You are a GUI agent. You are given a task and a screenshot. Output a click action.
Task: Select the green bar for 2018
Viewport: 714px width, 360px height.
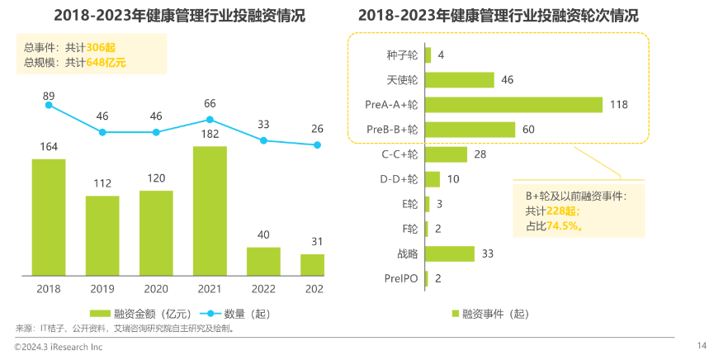(x=49, y=217)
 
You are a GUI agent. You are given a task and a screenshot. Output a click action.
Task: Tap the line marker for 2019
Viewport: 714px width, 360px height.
(x=102, y=132)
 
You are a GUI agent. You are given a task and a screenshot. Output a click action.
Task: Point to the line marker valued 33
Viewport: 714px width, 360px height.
(x=263, y=140)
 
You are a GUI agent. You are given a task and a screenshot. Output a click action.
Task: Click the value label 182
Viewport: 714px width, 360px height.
(x=210, y=134)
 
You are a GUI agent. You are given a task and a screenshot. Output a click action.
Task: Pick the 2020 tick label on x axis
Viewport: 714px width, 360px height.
(x=156, y=289)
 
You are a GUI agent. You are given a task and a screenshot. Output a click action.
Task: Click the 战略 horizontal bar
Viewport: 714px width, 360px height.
(x=450, y=253)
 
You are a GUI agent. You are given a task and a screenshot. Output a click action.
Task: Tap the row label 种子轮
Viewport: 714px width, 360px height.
(x=402, y=55)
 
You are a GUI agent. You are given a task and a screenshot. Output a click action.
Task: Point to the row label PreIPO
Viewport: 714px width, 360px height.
(x=400, y=278)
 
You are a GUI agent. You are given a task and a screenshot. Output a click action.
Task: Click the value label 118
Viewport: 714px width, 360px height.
(x=618, y=105)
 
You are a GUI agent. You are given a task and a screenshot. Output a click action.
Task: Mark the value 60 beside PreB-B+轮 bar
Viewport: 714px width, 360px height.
(x=530, y=130)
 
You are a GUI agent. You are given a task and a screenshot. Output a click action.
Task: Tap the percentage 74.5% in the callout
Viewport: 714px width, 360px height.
(x=560, y=225)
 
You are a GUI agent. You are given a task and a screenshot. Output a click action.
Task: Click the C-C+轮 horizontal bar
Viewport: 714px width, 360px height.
(x=447, y=154)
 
